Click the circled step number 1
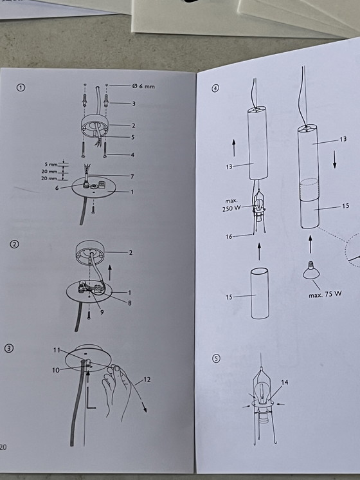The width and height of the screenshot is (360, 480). [21, 88]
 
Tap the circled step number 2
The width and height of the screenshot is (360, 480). [14, 245]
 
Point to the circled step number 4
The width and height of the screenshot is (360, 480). [215, 88]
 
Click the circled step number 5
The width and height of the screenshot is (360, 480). [216, 359]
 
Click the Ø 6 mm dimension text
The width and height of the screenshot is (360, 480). [143, 86]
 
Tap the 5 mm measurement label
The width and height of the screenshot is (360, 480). [51, 165]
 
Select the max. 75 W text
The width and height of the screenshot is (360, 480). [325, 294]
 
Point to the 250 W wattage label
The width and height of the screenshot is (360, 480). [231, 209]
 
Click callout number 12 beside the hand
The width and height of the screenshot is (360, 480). [147, 380]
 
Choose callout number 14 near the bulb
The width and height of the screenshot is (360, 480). [284, 382]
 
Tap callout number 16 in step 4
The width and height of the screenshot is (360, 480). [229, 236]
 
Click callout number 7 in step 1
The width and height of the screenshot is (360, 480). [132, 176]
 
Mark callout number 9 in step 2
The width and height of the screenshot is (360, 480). [102, 312]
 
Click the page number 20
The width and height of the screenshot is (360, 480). [3, 447]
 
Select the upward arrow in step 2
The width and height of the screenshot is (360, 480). [110, 273]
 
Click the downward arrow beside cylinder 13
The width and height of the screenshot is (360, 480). [335, 159]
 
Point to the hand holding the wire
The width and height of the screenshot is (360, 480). [117, 391]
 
